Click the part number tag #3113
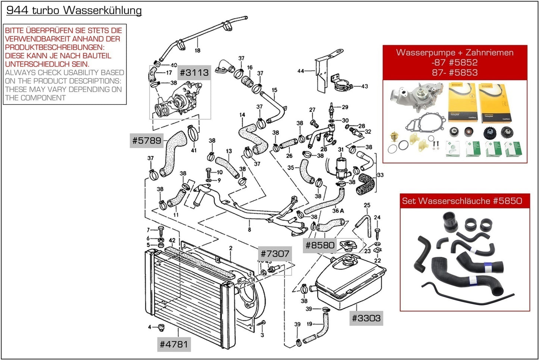tap(194, 73)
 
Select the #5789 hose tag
tap(147, 141)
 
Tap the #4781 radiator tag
tap(173, 344)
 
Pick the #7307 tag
tap(275, 254)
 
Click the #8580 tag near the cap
tap(320, 245)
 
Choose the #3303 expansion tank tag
tap(366, 318)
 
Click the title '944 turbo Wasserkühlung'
tap(74, 10)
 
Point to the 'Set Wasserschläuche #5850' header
tap(462, 201)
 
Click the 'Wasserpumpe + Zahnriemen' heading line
tap(455, 53)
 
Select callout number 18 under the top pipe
tap(197, 50)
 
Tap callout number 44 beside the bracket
tap(301, 71)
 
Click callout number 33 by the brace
tap(380, 175)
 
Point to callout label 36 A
tap(338, 211)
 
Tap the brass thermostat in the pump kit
tap(394, 137)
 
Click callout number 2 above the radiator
tap(231, 248)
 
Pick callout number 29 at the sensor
tap(345, 107)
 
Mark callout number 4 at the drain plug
tap(150, 327)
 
